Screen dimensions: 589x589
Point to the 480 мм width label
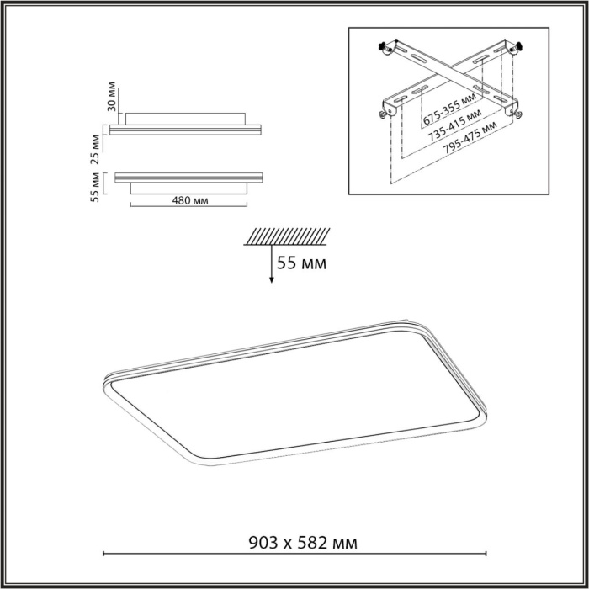tap(191, 201)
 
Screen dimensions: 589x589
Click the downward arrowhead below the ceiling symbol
tap(271, 281)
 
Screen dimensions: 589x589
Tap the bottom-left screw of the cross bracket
tap(385, 111)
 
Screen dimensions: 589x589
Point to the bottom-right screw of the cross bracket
tap(517, 113)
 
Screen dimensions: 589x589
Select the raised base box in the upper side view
tap(187, 117)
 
